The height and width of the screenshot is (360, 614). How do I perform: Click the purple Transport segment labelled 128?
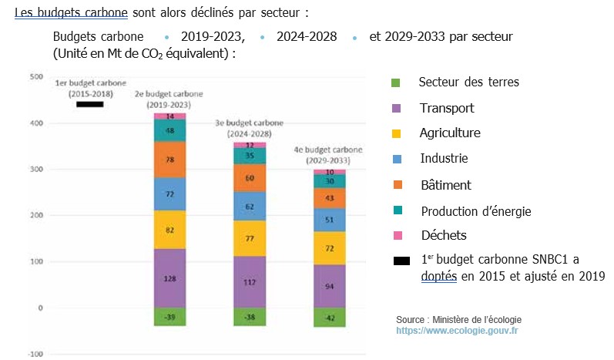tap(169, 278)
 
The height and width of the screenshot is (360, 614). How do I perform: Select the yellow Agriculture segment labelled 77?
tap(250, 239)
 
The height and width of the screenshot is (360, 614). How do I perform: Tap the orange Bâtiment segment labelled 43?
tap(330, 198)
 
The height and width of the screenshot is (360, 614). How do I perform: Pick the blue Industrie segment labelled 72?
tap(169, 193)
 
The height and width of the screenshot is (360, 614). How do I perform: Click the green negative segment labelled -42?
tap(330, 317)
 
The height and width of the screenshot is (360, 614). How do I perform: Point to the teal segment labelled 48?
tap(169, 130)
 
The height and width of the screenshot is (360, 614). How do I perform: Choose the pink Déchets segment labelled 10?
tap(330, 172)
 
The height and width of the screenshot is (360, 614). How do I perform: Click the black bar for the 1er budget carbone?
tap(90, 105)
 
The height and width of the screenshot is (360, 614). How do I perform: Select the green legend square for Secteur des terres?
tap(396, 82)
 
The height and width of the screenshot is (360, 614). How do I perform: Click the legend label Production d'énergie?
tap(475, 210)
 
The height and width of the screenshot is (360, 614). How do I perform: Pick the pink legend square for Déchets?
tap(396, 235)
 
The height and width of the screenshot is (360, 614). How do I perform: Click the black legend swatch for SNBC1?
tap(401, 261)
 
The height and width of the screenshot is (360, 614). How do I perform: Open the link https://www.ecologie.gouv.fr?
tap(457, 330)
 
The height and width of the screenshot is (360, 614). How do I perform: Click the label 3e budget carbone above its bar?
tap(250, 127)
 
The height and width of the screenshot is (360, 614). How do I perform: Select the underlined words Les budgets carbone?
tap(71, 13)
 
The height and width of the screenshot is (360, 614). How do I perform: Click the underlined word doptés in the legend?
tap(438, 275)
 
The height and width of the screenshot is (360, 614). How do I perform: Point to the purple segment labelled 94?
tap(330, 286)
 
